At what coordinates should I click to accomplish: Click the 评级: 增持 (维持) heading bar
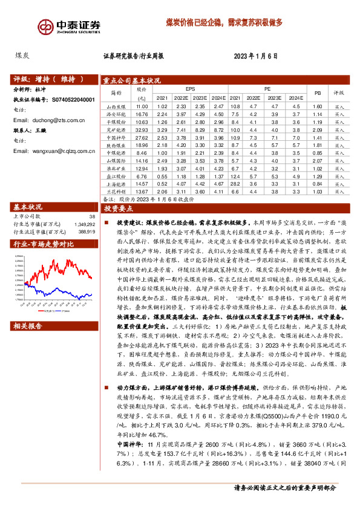point(50,79)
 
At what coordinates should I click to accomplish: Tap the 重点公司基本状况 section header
point(132,80)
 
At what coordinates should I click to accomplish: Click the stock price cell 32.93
point(143,129)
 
